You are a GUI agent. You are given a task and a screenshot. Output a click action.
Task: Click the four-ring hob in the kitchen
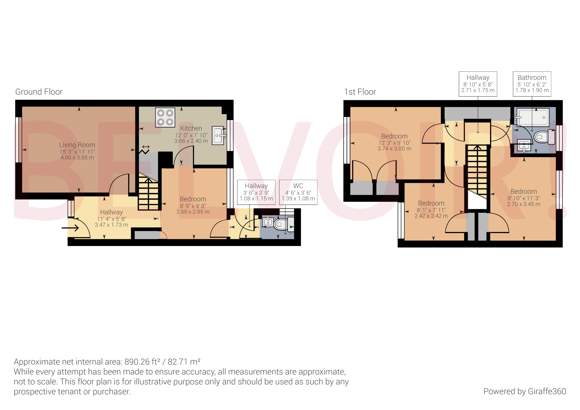click(165, 117)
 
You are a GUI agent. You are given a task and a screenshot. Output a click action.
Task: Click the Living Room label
click(77, 145)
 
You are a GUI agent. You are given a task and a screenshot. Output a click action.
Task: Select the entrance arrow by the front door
click(70, 228)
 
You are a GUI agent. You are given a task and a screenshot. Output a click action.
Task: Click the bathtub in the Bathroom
click(532, 117)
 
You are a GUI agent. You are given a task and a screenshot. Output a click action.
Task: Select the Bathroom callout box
click(532, 84)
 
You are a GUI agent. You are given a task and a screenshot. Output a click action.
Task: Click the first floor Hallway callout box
click(478, 84)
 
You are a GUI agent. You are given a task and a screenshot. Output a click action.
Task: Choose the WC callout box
click(298, 192)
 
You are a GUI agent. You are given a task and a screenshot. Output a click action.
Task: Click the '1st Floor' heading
click(360, 92)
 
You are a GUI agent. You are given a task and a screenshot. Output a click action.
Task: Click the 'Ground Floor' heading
click(39, 92)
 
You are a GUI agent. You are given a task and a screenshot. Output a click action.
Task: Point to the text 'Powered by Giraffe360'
click(524, 391)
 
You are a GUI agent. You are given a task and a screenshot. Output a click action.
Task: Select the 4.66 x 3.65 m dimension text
click(77, 158)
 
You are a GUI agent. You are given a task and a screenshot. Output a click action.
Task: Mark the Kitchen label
click(191, 128)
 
